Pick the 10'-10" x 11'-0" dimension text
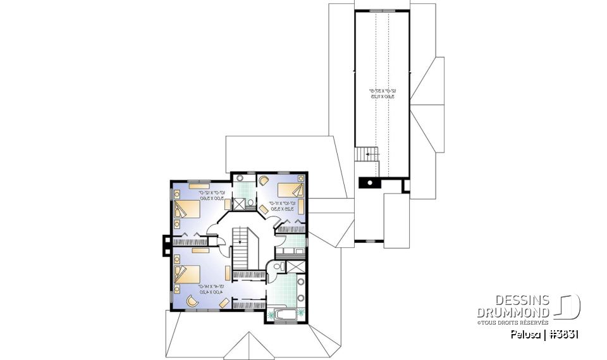point(281,206)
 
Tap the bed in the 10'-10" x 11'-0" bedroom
point(291,189)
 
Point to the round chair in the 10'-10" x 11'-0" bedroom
point(264,180)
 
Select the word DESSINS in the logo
point(522,300)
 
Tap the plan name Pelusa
point(525,334)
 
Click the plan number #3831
point(563,334)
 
